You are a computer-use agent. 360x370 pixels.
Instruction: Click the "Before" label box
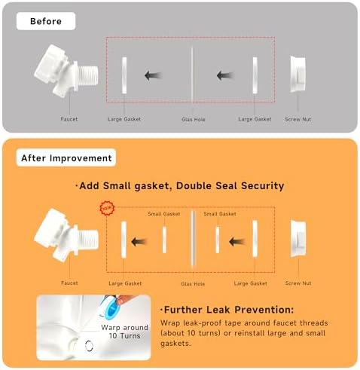[x=46, y=21]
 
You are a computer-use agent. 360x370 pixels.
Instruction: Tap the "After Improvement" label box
[x=66, y=157]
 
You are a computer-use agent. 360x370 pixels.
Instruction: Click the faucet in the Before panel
[x=66, y=70]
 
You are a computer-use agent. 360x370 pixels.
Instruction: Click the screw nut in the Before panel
[x=298, y=74]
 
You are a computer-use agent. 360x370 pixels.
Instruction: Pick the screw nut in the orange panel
[x=298, y=239]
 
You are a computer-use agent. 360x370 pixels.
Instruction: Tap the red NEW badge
[x=108, y=208]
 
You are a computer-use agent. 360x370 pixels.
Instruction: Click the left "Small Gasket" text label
[x=164, y=214]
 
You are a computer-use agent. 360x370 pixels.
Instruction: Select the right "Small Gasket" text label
[x=220, y=214]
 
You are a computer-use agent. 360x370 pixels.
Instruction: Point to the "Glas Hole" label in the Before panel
[x=194, y=120]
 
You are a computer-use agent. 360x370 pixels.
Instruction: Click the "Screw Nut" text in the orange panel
[x=298, y=283]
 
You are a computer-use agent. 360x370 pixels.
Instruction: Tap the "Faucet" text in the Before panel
[x=69, y=119]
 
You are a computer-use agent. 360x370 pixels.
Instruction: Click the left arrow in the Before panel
[x=153, y=75]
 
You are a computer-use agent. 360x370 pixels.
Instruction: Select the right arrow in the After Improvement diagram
[x=237, y=242]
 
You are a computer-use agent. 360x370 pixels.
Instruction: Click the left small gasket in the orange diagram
[x=164, y=240]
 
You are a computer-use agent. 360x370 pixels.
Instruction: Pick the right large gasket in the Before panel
[x=255, y=75]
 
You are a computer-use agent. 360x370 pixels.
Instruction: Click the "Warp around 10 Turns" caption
[x=125, y=332]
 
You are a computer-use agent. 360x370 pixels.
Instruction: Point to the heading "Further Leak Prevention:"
[x=227, y=310]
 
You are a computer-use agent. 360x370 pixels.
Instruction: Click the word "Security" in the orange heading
[x=263, y=186]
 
